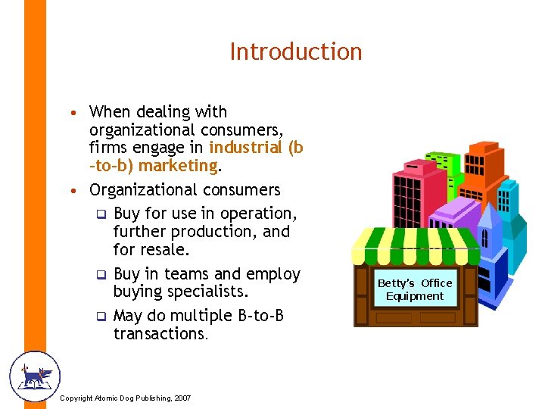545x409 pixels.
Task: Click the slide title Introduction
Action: [296, 52]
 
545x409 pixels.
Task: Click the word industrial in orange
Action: [243, 148]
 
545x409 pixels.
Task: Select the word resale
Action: [167, 248]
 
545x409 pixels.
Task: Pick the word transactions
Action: [159, 334]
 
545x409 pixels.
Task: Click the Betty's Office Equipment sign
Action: [415, 289]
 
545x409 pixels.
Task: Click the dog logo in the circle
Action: [33, 376]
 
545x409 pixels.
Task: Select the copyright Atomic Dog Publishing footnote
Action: [125, 398]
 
